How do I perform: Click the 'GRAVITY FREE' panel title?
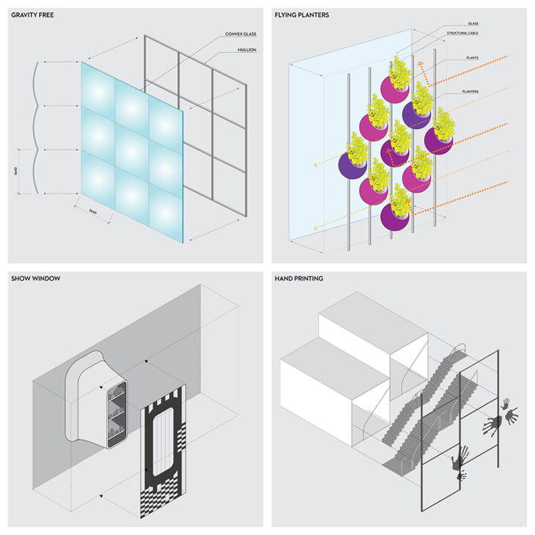pyautogui.click(x=33, y=15)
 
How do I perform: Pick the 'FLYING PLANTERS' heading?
pyautogui.click(x=302, y=15)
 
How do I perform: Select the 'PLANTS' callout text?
pyautogui.click(x=473, y=57)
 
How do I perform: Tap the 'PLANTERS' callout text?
pyautogui.click(x=476, y=92)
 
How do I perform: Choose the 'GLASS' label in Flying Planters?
pyautogui.click(x=473, y=23)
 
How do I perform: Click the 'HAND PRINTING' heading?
pyautogui.click(x=299, y=278)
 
